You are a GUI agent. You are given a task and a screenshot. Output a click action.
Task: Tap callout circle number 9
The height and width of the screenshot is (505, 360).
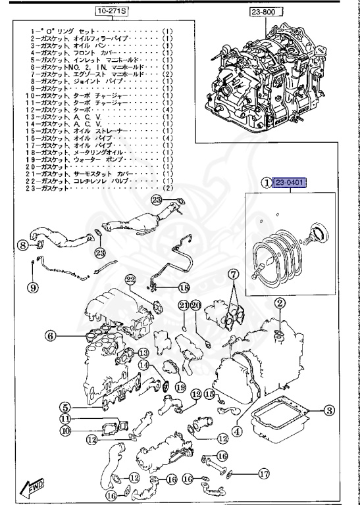tap(32, 287)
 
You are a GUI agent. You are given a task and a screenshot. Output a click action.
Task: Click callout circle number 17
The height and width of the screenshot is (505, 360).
tap(263, 471)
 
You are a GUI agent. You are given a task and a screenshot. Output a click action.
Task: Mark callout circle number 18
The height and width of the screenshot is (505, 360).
tap(183, 287)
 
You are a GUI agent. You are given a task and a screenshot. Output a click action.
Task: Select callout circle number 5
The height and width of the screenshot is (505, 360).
tap(66, 408)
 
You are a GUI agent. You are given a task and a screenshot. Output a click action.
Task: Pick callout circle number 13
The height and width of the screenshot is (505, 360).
tap(143, 353)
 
